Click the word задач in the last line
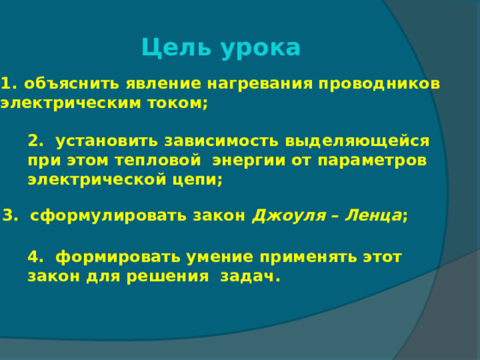click(x=247, y=276)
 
